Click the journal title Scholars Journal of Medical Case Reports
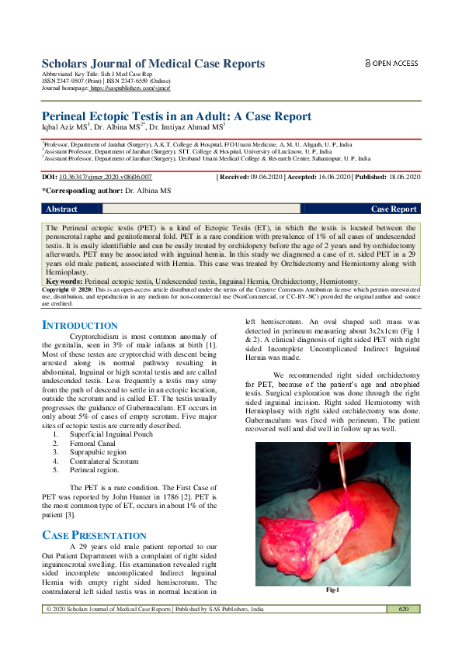(x=153, y=64)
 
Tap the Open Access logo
(x=391, y=63)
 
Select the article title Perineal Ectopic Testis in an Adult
(x=176, y=116)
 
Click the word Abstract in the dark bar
(x=61, y=209)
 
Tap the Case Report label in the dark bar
(x=394, y=209)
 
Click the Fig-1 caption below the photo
(x=333, y=590)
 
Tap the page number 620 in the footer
(x=403, y=610)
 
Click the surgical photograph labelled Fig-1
(x=333, y=513)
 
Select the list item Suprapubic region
(x=97, y=452)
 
